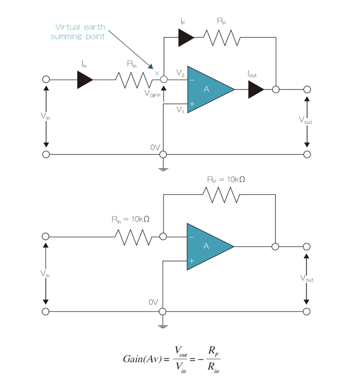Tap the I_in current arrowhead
tap(85, 80)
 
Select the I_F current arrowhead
tap(186, 36)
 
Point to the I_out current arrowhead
tap(256, 89)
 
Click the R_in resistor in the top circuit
tap(133, 80)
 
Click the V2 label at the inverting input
tap(180, 73)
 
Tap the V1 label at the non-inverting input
tap(180, 109)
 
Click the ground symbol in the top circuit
tap(164, 167)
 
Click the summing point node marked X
tap(164, 80)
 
